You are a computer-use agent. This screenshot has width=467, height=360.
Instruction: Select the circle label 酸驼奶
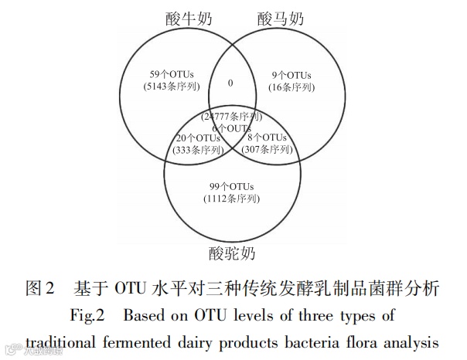pyautogui.click(x=232, y=253)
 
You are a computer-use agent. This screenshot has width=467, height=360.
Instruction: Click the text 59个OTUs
pyautogui.click(x=172, y=76)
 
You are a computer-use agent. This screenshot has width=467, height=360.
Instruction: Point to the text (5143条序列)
pyautogui.click(x=172, y=87)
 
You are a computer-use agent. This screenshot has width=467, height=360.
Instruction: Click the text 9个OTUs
pyautogui.click(x=292, y=76)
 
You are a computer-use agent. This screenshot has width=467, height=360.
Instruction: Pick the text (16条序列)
pyautogui.click(x=292, y=87)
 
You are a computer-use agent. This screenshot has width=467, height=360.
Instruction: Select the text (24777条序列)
pyautogui.click(x=231, y=117)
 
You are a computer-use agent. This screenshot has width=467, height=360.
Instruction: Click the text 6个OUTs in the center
pyautogui.click(x=231, y=127)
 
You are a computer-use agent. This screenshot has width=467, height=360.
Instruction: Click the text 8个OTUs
pyautogui.click(x=267, y=138)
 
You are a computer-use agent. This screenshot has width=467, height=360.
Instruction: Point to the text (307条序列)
pyautogui.click(x=267, y=148)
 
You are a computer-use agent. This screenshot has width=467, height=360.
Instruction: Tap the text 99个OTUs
pyautogui.click(x=232, y=188)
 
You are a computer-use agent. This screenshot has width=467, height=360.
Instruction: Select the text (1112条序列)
pyautogui.click(x=232, y=199)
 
